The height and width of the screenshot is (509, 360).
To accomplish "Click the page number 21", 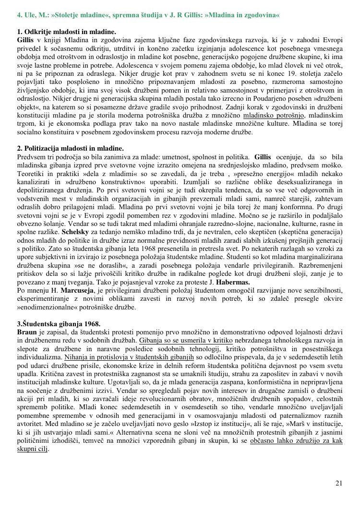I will (x=339, y=483).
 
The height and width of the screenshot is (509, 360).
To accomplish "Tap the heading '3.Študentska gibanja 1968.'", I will (x=59, y=324).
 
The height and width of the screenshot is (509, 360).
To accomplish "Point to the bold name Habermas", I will (x=233, y=282).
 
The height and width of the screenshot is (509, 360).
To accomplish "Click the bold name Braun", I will (x=27, y=332).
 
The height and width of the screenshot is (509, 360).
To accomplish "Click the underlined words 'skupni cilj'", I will (x=33, y=449).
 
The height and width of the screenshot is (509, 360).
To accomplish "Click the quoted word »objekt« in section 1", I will (x=31, y=107).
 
